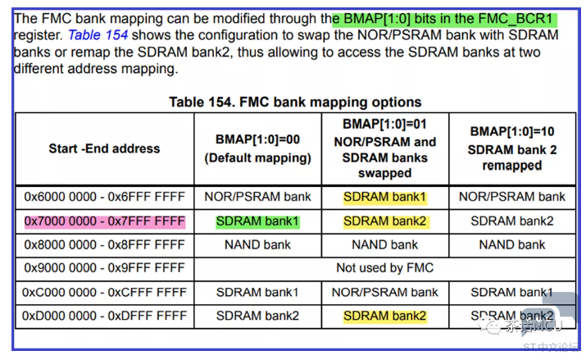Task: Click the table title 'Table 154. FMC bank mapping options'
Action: (x=295, y=103)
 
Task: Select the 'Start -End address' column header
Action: (x=104, y=148)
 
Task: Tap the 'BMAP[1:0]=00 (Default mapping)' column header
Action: (x=258, y=148)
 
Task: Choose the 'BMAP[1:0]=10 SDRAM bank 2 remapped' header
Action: (x=512, y=148)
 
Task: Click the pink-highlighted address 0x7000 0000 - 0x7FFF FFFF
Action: (x=104, y=221)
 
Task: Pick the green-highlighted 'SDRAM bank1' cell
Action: (x=258, y=221)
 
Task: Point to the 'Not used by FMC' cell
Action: (x=385, y=267)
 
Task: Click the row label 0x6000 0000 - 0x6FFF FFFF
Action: (x=104, y=197)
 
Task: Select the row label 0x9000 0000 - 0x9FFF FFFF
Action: (x=104, y=267)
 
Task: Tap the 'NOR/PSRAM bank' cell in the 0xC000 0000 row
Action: (x=385, y=292)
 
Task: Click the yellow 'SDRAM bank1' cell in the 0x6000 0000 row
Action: (x=385, y=197)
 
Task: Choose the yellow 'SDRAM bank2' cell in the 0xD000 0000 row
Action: (x=385, y=316)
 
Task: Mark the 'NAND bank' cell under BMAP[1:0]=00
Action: (x=258, y=244)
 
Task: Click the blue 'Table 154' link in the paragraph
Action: (x=98, y=34)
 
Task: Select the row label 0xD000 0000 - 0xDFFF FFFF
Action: (x=104, y=316)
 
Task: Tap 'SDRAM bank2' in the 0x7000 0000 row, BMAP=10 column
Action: (x=512, y=221)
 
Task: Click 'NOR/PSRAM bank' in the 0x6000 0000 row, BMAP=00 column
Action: (x=258, y=197)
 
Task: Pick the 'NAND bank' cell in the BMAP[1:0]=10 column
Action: (x=512, y=244)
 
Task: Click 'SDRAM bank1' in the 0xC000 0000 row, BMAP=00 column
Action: (x=258, y=292)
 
